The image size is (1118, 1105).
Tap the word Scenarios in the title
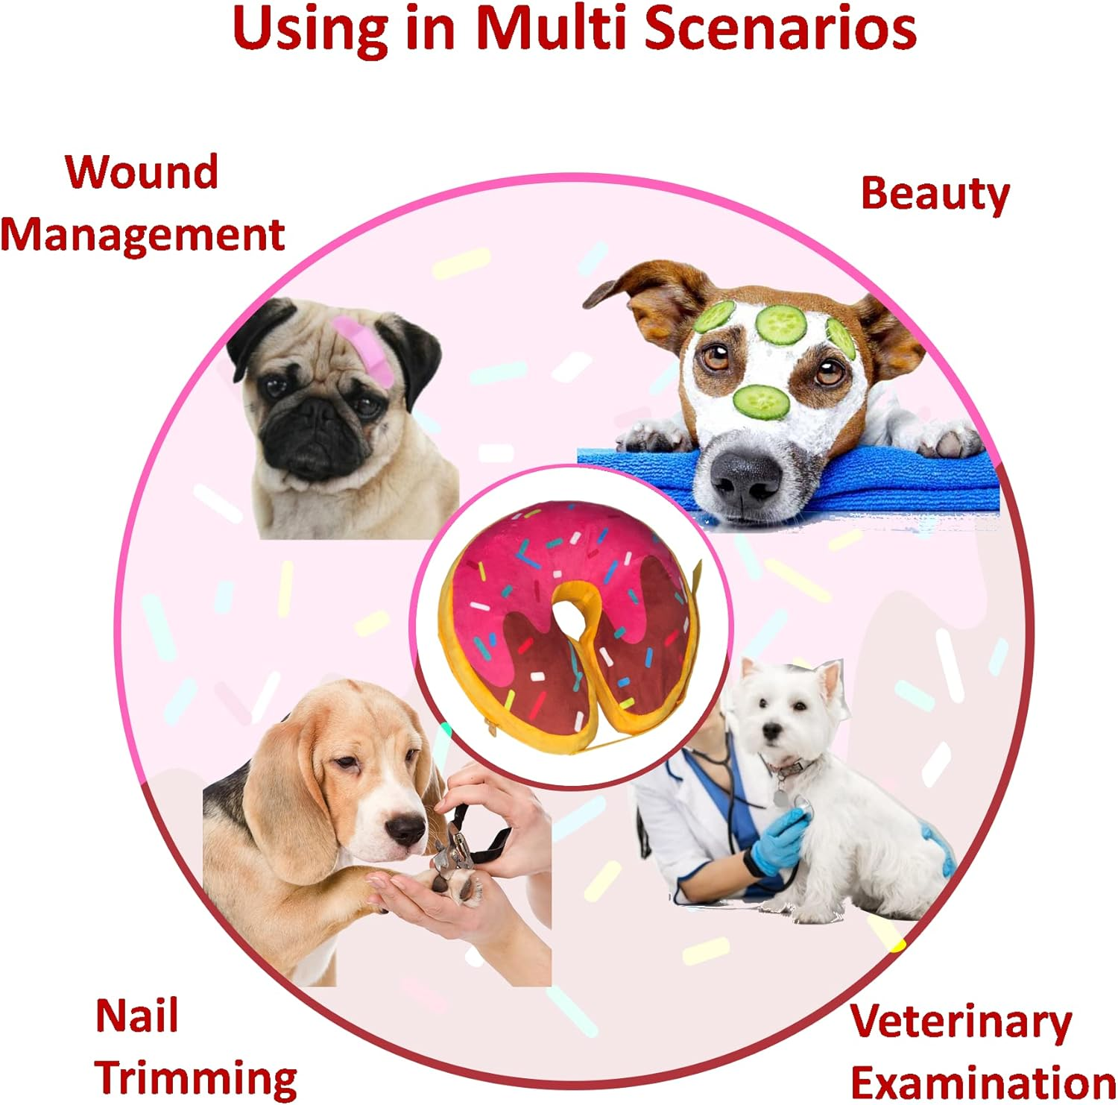[780, 28]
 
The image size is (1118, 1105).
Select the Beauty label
[935, 194]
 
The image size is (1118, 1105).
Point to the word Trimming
[196, 1078]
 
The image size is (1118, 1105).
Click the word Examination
[982, 1083]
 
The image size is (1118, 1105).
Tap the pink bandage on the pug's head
[364, 347]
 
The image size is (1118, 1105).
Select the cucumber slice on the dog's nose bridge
[761, 402]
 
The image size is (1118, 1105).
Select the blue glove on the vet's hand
[779, 843]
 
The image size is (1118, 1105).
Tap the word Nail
[137, 1016]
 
